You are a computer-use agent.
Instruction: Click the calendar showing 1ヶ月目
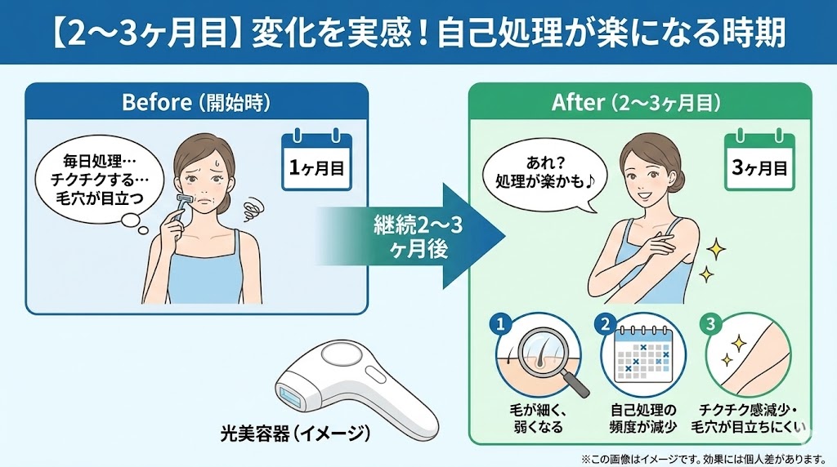pyautogui.click(x=316, y=162)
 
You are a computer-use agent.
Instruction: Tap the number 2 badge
pyautogui.click(x=606, y=325)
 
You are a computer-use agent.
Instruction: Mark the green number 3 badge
pyautogui.click(x=709, y=325)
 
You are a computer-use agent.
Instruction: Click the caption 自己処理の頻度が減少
pyautogui.click(x=642, y=418)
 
